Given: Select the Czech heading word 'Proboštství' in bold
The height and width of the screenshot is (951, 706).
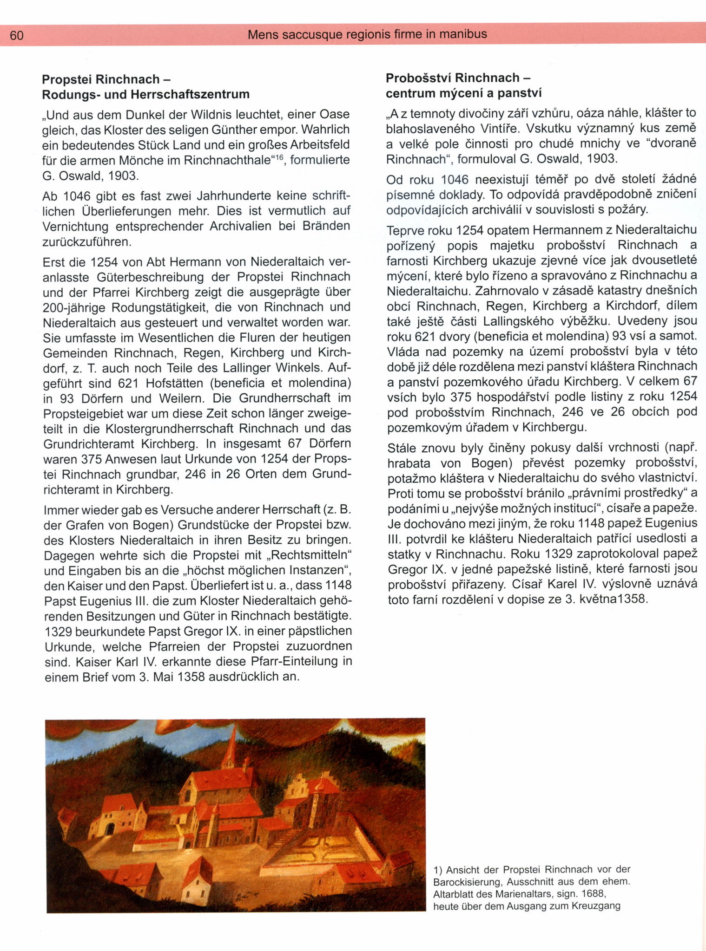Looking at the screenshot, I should pos(420,78).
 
